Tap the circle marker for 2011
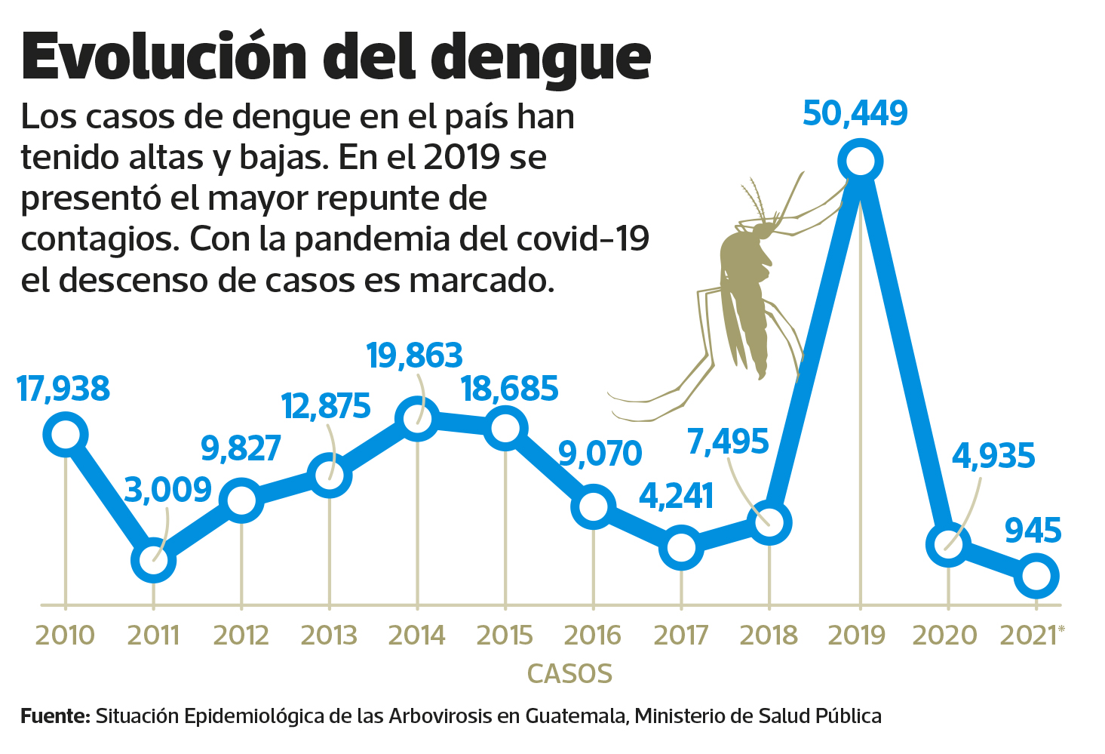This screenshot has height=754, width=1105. pos(153,560)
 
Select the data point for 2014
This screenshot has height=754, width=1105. pos(417,417)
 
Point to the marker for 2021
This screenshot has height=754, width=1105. pos(1036,576)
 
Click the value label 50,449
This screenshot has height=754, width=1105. pos(855,113)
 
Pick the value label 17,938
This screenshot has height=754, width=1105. pos(63,389)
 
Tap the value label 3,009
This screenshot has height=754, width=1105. pos(167,491)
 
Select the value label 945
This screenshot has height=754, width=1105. pos(1033,531)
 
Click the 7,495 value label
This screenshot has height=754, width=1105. pos(728,442)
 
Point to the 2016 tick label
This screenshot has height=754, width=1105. pos(592,636)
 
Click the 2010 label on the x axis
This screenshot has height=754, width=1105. pos(65,636)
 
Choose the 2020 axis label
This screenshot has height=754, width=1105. pos(944,636)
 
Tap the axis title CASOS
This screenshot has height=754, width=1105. pos(569,673)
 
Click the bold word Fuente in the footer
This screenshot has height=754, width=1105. pos(55,716)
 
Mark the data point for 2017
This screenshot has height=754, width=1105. pos(681,548)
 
